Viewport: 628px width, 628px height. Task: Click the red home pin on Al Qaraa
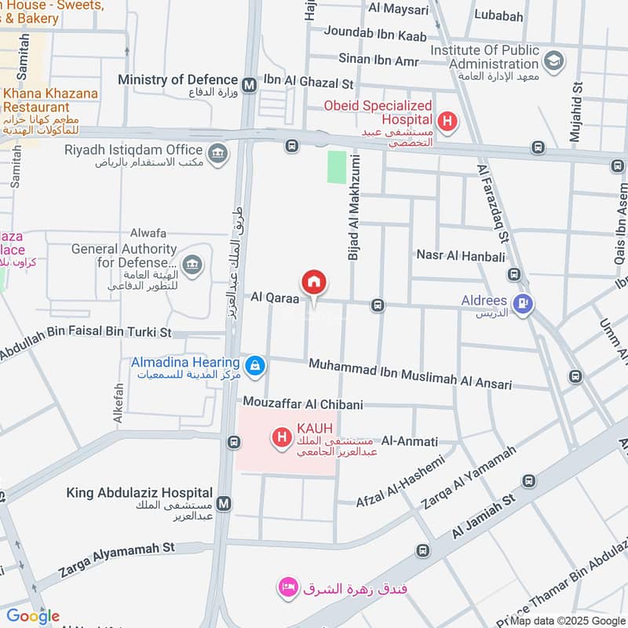click(x=314, y=282)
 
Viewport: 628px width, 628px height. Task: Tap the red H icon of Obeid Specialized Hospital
click(x=447, y=121)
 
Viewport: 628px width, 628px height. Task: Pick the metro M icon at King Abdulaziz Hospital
click(x=225, y=502)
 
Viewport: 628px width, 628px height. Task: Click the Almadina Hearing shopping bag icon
click(x=254, y=365)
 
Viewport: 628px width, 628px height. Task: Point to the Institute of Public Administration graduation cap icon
click(x=553, y=60)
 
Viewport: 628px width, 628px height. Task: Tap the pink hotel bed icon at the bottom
click(x=288, y=587)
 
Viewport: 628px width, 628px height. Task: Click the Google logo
click(x=33, y=616)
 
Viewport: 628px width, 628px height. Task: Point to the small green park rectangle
click(x=337, y=167)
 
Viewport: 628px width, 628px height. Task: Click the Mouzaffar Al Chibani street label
click(x=302, y=403)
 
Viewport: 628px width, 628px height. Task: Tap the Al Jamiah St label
click(x=483, y=517)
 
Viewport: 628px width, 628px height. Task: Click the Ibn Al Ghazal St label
click(x=309, y=82)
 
